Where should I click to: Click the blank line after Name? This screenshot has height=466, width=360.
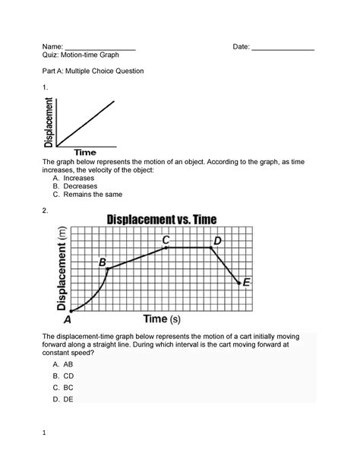point(99,49)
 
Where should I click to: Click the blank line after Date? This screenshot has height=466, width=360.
point(283,49)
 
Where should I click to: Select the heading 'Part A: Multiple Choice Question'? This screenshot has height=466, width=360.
point(101,71)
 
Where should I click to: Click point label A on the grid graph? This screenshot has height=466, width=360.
point(67,319)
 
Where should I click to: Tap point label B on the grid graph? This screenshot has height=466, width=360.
point(102,262)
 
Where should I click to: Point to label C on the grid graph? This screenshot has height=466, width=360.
point(166,240)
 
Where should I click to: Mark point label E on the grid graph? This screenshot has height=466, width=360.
point(246,282)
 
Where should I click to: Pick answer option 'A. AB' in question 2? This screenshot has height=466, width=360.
point(62,364)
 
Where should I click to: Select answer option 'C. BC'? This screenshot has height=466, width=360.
point(62,387)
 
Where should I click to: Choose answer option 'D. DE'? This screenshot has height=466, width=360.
point(62,398)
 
